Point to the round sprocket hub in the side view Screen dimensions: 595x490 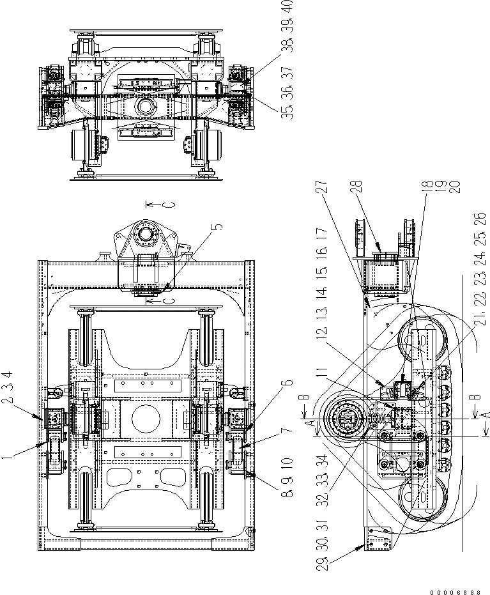346,422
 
